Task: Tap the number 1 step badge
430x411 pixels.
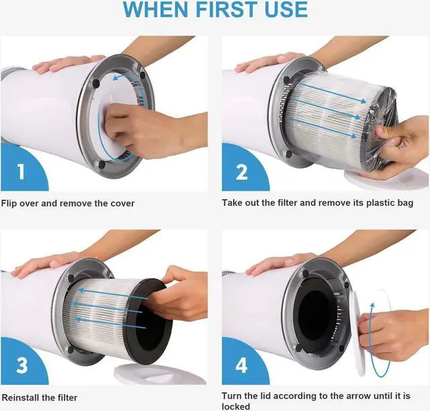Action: click(x=21, y=172)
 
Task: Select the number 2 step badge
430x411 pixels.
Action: click(x=242, y=172)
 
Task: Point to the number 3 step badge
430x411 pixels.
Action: click(x=21, y=365)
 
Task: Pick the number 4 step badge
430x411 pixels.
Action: click(x=242, y=365)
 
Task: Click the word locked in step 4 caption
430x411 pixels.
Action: click(x=236, y=406)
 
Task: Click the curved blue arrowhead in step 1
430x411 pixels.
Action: click(x=118, y=78)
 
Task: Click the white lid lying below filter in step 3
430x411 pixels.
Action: click(x=160, y=373)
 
